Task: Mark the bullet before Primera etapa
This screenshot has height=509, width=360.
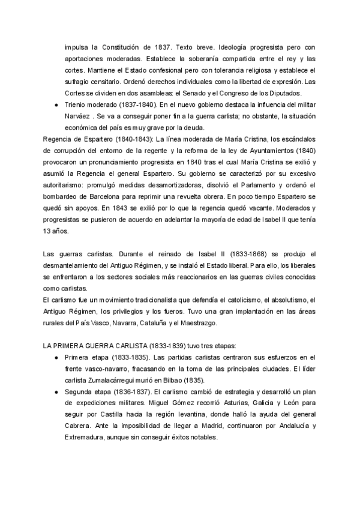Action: (x=55, y=358)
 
